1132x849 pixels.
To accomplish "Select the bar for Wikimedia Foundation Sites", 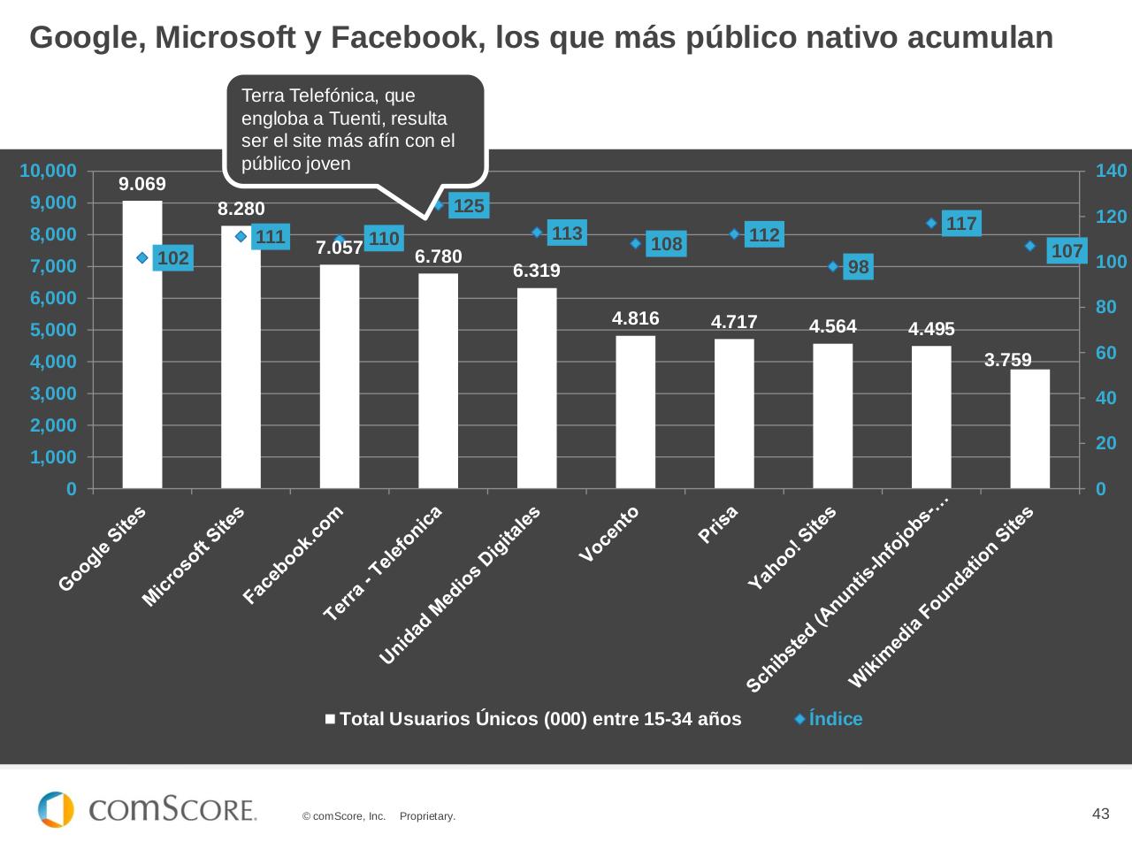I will [1029, 429].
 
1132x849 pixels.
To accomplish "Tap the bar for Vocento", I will [635, 412].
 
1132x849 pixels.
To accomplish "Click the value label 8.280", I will [241, 209].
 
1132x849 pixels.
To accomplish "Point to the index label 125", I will [468, 206].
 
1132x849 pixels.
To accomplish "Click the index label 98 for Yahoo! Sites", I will [858, 266].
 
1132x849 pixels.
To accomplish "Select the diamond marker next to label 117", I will [931, 223].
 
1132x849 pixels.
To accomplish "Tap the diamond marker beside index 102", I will [141, 257].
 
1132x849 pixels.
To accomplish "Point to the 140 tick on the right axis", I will [1111, 171].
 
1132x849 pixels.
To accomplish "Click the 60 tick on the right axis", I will [1105, 353].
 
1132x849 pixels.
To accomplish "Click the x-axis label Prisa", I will [718, 524].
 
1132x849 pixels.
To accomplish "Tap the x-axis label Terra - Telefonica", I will [383, 563].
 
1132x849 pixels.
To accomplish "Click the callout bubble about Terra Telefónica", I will [354, 129].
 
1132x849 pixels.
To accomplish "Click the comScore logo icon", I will [56, 809].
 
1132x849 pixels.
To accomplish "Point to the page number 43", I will [1100, 814].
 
